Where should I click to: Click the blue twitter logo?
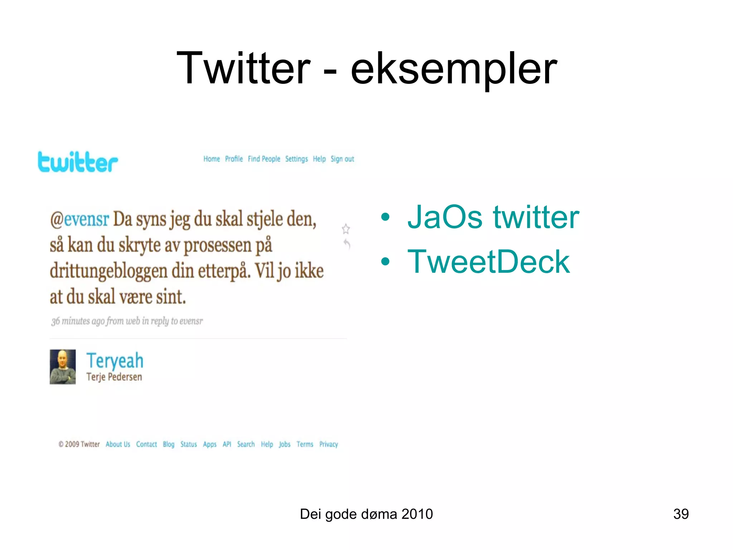pos(78,162)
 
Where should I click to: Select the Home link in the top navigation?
pos(212,159)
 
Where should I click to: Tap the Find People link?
pos(264,159)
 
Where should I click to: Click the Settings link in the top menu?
pos(296,159)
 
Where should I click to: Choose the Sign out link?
pos(342,159)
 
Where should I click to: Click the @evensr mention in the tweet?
pos(79,219)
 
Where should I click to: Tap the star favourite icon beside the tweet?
pos(346,228)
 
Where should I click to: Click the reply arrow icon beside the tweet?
pos(347,244)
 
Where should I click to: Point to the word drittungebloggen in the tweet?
pos(108,271)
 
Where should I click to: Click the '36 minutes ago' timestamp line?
pos(127,321)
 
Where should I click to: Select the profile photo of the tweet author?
pos(63,367)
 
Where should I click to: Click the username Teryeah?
pos(115,360)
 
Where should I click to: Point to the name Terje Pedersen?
pos(114,377)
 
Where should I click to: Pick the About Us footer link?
pos(118,444)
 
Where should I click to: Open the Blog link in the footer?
pos(169,444)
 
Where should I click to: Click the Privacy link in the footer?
pos(329,444)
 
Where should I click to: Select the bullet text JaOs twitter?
pos(493,217)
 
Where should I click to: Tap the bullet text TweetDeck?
pos(488,262)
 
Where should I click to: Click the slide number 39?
pos(681,514)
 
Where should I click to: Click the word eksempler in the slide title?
pos(453,68)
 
